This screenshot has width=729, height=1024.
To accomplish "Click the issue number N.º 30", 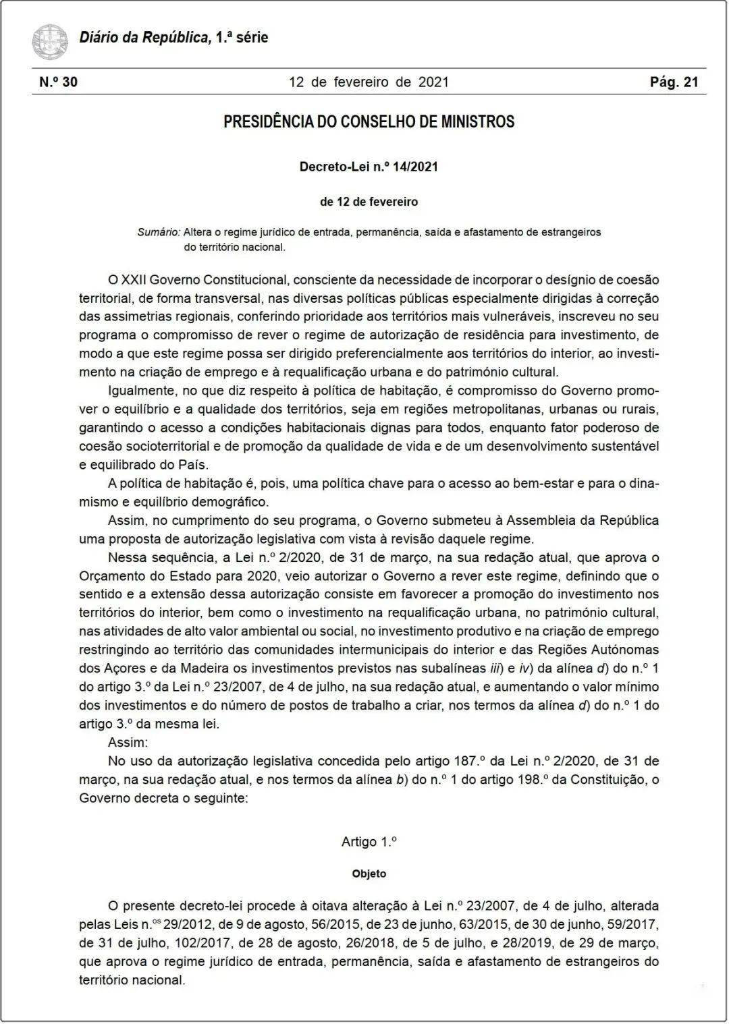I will pos(58,82).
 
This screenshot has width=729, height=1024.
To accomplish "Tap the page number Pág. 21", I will pos(674,82).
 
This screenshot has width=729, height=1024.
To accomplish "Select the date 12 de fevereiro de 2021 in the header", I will pos(369,82).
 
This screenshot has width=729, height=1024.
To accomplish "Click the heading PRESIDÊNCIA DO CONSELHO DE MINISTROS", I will pos(369,122).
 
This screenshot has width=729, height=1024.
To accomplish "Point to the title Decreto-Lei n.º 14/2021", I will pos(369,167).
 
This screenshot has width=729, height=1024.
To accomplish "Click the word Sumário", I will pos(159,232).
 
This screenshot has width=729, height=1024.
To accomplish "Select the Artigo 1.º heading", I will pos(369,842).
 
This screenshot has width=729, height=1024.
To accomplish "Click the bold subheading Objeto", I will pos(369,874).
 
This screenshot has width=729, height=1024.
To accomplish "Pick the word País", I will pos(192,465).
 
